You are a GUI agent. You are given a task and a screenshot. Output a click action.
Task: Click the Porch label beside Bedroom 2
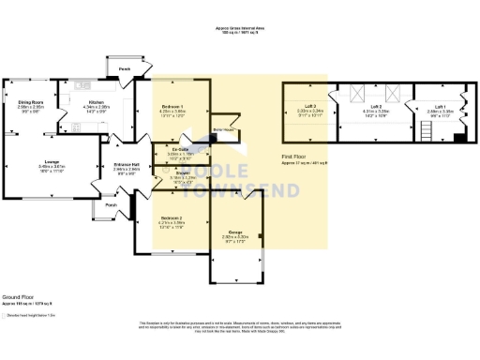111,205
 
